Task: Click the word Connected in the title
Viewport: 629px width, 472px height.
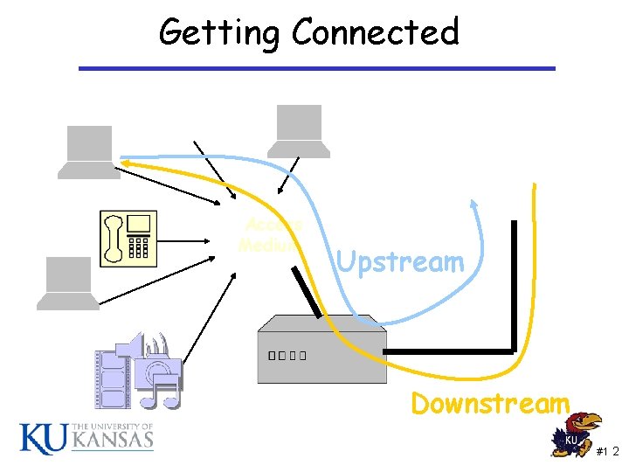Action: [376, 32]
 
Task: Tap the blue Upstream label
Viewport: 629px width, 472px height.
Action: [400, 261]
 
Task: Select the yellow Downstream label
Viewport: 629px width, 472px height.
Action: [490, 404]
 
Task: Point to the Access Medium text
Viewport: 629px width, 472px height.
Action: [271, 235]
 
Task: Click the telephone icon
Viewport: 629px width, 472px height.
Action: [128, 238]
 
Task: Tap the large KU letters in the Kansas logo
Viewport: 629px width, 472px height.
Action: [42, 438]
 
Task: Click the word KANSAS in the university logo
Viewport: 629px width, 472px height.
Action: [113, 441]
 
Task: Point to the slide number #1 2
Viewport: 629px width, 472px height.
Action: [608, 451]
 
